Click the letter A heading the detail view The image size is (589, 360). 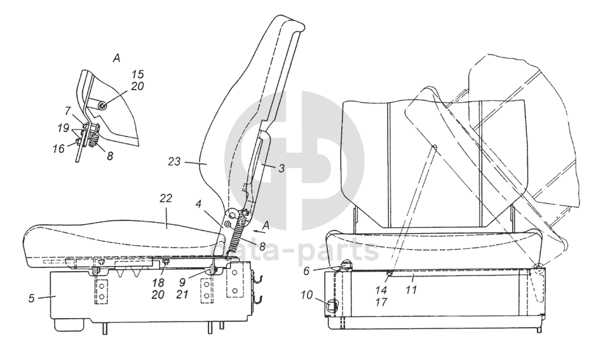pos(116,58)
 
